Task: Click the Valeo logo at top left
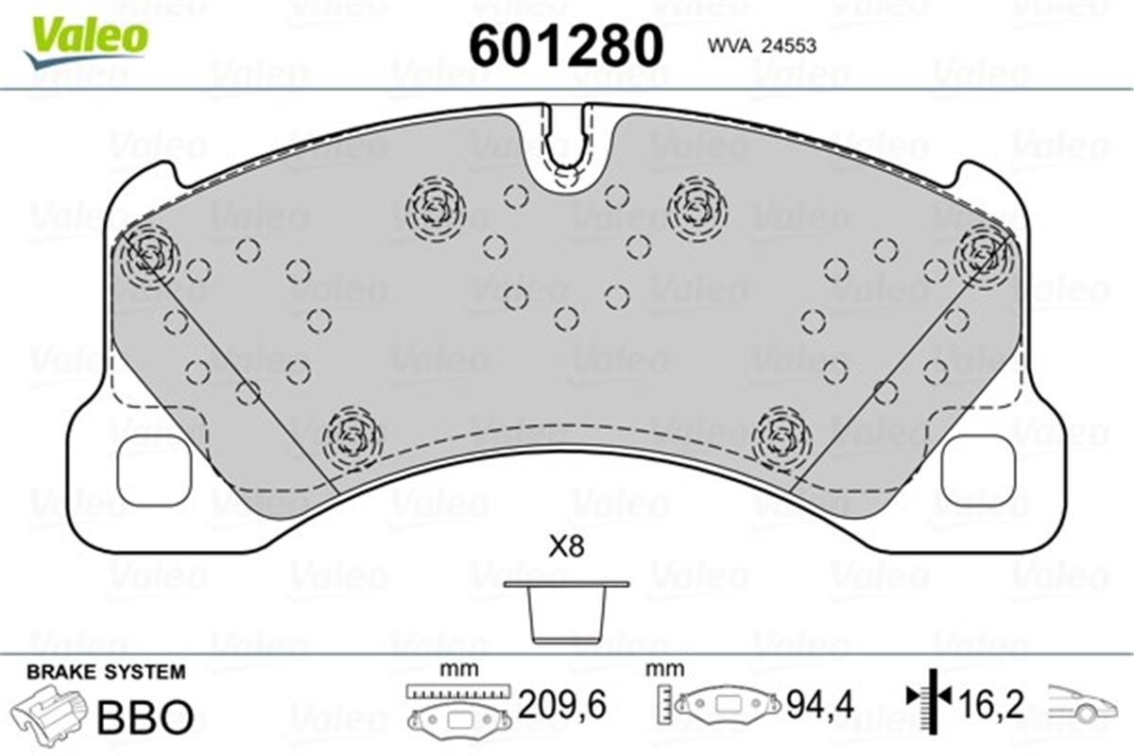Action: (86, 43)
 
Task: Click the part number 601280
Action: (566, 45)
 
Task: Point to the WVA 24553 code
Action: (762, 46)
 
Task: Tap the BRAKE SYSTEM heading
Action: (106, 672)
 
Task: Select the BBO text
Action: (146, 716)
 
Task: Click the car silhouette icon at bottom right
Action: (1082, 705)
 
